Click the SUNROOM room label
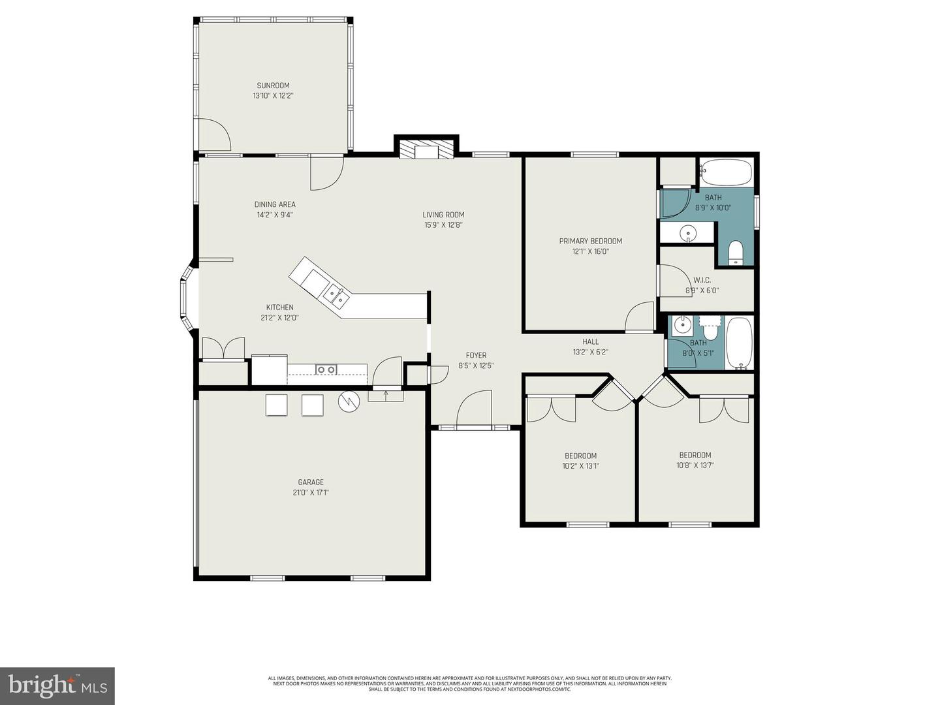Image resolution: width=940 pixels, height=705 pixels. (x=273, y=86)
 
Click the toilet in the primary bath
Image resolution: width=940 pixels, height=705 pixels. (x=736, y=253)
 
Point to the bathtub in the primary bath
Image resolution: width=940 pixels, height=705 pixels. (x=726, y=172)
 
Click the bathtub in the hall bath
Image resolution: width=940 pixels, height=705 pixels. (x=740, y=343)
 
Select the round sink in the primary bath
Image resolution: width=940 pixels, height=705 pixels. (x=687, y=233)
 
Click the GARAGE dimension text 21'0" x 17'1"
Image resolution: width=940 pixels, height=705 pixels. (x=311, y=493)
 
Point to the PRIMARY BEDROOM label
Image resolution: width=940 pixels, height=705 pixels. (x=590, y=241)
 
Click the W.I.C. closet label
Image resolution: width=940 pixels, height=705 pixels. (x=702, y=280)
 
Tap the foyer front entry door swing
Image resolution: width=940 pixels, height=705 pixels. (x=474, y=409)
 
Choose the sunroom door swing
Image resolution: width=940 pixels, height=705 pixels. (x=214, y=135)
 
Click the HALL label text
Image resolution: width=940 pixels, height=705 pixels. (x=590, y=341)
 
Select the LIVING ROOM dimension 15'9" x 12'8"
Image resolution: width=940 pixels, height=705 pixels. (x=443, y=225)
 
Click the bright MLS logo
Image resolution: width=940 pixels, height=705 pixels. (x=57, y=685)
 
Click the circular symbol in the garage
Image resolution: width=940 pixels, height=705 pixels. (x=349, y=401)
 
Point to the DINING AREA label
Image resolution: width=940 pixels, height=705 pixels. (x=275, y=204)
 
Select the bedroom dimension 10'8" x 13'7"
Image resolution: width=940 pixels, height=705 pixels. (x=695, y=465)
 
